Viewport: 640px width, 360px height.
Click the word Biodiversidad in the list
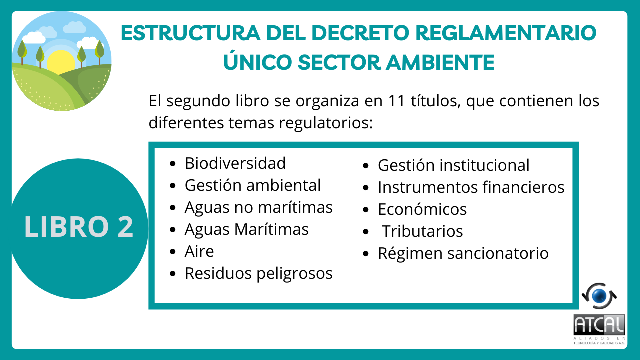tap(235, 163)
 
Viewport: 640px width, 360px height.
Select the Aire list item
tap(199, 251)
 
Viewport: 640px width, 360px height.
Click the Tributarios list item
tap(422, 231)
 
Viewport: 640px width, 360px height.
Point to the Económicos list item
tap(422, 209)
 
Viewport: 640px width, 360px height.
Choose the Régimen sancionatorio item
tap(463, 253)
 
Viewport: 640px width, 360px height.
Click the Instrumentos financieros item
tap(471, 187)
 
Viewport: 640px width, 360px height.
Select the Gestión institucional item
tap(454, 165)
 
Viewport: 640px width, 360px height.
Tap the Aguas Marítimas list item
tap(247, 229)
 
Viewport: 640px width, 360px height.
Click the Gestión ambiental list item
tap(253, 185)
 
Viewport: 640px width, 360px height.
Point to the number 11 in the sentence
tap(397, 101)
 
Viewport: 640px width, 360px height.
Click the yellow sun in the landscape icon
tap(61, 62)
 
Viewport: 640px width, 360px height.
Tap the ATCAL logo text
tap(599, 325)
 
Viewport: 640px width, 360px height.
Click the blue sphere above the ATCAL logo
tap(599, 296)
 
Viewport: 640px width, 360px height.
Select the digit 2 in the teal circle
tap(125, 227)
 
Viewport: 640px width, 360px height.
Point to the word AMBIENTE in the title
tap(440, 62)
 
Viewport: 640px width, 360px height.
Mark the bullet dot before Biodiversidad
tap(172, 163)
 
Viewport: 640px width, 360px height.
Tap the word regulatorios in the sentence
tap(326, 123)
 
